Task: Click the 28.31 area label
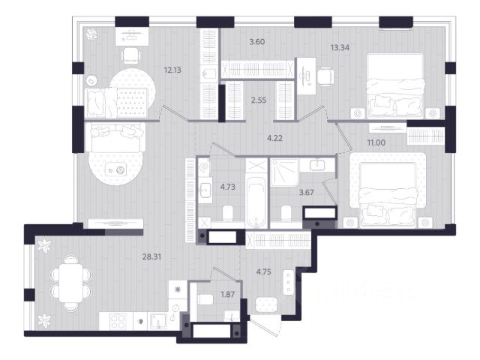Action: coord(151,257)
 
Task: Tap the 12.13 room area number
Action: coord(172,70)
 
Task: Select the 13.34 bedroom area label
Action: coord(340,47)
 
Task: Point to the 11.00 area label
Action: coord(376,142)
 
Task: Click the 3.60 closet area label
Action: coord(256,42)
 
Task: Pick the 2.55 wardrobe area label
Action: coord(259,100)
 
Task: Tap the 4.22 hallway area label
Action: coord(274,138)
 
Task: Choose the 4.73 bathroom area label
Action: coord(228,187)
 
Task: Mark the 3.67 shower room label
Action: coord(306,193)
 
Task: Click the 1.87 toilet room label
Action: coord(228,295)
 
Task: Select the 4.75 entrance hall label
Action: coord(263,271)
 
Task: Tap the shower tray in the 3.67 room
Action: coord(284,172)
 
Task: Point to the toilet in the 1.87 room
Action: coord(205,300)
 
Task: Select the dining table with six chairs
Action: coord(70,283)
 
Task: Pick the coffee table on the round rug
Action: coord(115,169)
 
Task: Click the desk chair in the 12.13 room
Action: coord(131,55)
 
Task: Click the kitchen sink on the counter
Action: coord(157,321)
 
